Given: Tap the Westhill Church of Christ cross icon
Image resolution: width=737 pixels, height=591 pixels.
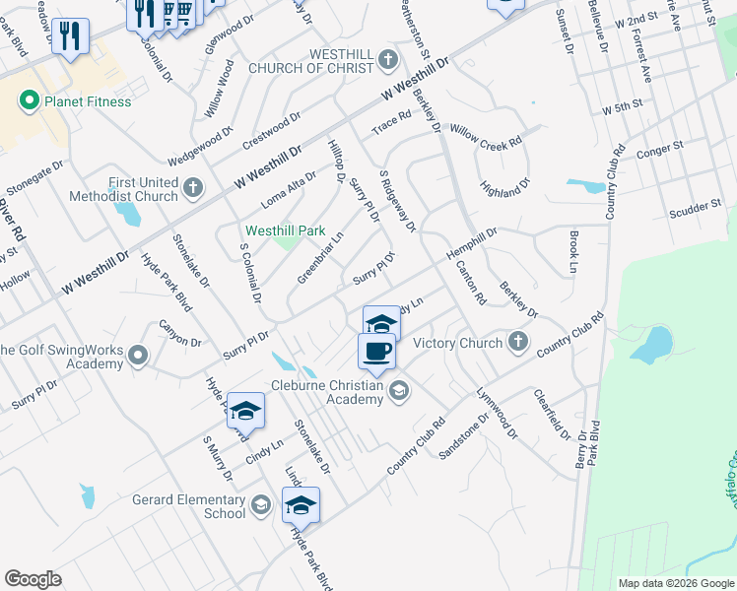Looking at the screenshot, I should [388, 60].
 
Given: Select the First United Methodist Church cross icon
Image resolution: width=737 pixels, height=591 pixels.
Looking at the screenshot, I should [193, 186].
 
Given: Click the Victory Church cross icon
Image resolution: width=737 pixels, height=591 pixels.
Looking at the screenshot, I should [518, 343].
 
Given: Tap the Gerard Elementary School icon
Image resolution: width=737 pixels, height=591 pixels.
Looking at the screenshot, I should [260, 506].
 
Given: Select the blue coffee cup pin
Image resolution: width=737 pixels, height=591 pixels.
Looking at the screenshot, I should [376, 352].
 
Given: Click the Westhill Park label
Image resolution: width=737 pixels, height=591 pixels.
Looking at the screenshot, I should [285, 230].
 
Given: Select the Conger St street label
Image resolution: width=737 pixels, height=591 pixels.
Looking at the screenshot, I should [660, 150].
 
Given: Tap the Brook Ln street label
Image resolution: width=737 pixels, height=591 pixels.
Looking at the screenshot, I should [573, 253].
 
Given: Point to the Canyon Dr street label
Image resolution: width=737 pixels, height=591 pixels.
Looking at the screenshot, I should [180, 332].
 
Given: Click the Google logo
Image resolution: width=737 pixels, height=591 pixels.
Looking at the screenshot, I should [33, 578].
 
